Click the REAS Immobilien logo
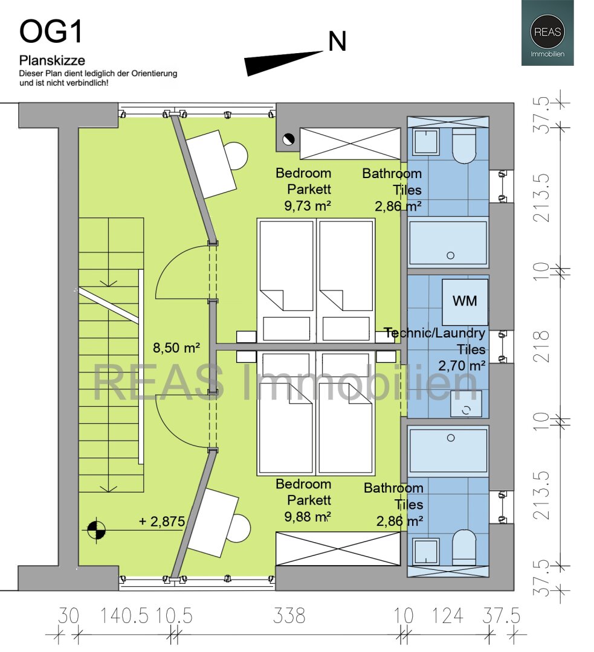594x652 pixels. tap(547, 33)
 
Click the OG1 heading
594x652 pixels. tap(51, 31)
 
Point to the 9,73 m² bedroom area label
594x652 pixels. tap(308, 205)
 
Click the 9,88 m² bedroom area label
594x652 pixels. tap(308, 516)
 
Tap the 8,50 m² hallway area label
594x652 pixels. tap(176, 347)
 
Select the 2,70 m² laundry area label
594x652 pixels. tap(462, 365)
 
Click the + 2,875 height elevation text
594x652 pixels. tap(161, 521)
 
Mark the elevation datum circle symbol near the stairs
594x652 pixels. tap(97, 530)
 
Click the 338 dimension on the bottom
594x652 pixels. tap(289, 616)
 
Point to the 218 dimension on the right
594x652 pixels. tap(542, 346)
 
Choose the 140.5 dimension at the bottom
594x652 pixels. tap(124, 616)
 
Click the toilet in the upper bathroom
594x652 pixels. tap(464, 145)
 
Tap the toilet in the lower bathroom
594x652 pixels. tap(464, 547)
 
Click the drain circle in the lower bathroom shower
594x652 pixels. tap(451, 438)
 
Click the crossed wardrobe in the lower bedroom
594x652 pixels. tap(338, 548)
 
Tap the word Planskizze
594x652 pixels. tap(52, 61)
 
